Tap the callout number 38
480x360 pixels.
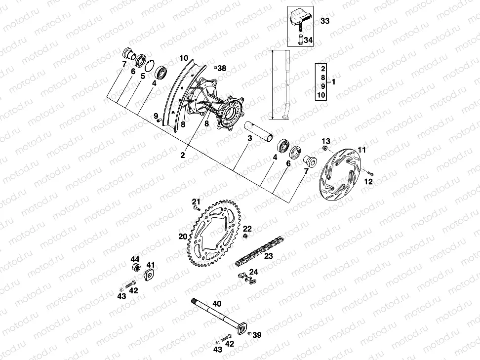tap(222, 69)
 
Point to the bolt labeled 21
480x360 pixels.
tap(197, 209)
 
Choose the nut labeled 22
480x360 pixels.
tap(245, 236)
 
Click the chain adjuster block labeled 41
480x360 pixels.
tap(148, 275)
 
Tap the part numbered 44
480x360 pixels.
tap(134, 268)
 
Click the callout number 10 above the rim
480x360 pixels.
tap(184, 58)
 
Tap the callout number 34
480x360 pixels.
tap(308, 40)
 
